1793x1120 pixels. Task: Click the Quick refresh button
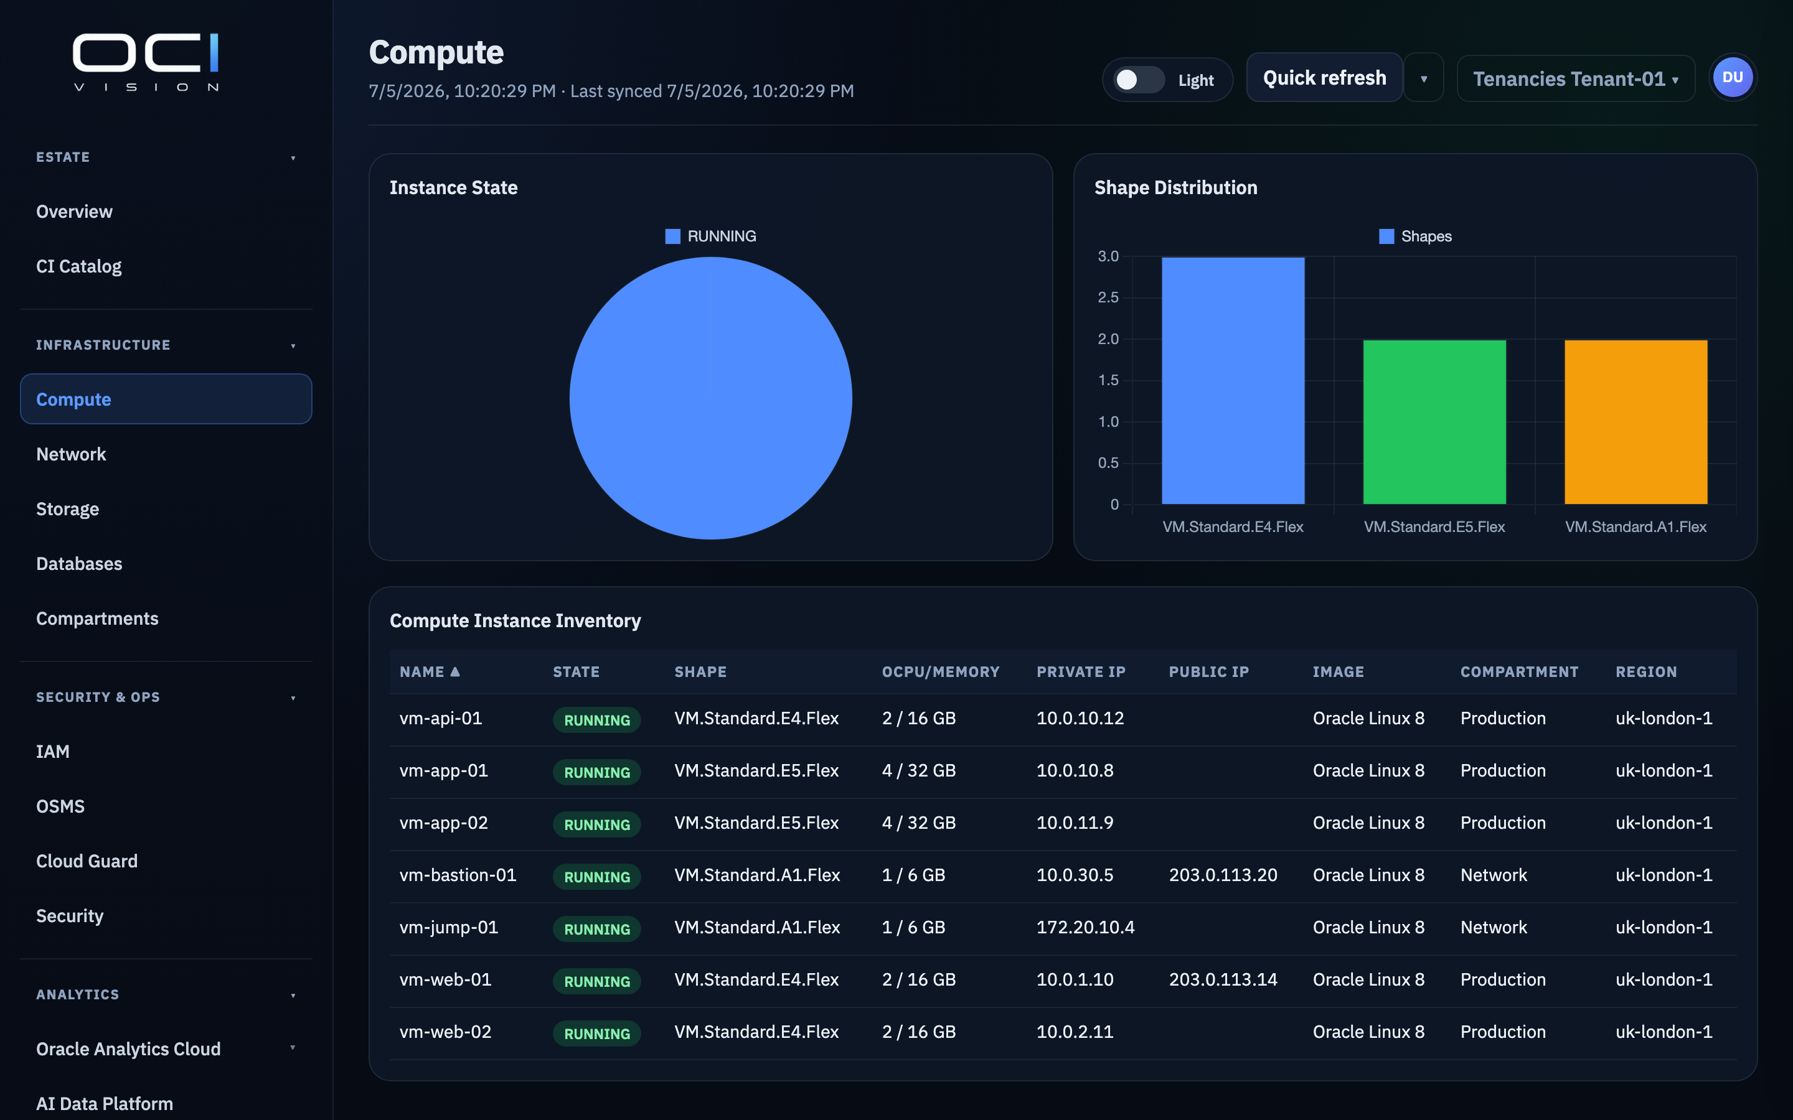pyautogui.click(x=1324, y=78)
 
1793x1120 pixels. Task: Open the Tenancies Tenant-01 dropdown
pyautogui.click(x=1575, y=78)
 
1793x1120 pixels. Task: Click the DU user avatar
pyautogui.click(x=1732, y=78)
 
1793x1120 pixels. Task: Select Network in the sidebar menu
pyautogui.click(x=71, y=454)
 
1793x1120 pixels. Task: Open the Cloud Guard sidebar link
pyautogui.click(x=87, y=861)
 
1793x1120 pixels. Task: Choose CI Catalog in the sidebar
pyautogui.click(x=78, y=266)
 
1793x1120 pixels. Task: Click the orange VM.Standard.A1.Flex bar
pyautogui.click(x=1636, y=422)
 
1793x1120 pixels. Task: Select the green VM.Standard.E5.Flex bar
pyautogui.click(x=1434, y=422)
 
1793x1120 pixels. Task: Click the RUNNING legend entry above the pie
pyautogui.click(x=710, y=236)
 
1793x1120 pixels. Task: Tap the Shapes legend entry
pyautogui.click(x=1415, y=236)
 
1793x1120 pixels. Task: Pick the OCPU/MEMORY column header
pyautogui.click(x=940, y=672)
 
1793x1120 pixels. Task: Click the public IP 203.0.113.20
pyautogui.click(x=1223, y=875)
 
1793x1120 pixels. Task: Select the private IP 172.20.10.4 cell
pyautogui.click(x=1085, y=927)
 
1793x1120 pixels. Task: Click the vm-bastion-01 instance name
pyautogui.click(x=458, y=875)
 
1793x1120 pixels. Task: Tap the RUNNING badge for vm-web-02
pyautogui.click(x=597, y=1034)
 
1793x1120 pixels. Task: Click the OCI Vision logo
pyautogui.click(x=146, y=62)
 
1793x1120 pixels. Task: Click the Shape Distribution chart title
pyautogui.click(x=1176, y=187)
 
